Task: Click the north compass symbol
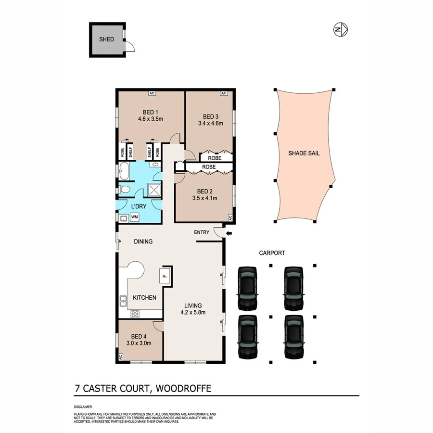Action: point(340,30)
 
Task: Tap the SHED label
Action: point(106,39)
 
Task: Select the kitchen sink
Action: point(123,302)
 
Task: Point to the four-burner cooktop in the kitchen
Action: point(135,314)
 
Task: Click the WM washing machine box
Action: point(135,217)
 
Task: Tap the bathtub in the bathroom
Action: point(124,170)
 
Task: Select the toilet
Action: point(124,189)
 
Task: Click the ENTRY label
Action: point(202,232)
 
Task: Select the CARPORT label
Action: point(272,253)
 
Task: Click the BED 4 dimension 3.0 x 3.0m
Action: point(139,344)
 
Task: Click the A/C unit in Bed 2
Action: point(230,218)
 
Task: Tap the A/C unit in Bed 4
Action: point(120,357)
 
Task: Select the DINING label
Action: point(143,242)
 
